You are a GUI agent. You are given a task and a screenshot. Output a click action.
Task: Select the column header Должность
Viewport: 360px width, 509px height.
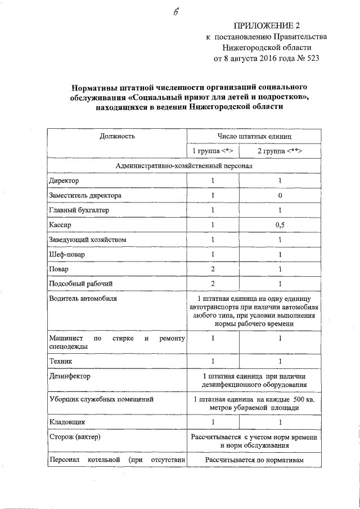click(x=117, y=136)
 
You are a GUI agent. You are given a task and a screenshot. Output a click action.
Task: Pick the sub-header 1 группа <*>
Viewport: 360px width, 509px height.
click(x=213, y=151)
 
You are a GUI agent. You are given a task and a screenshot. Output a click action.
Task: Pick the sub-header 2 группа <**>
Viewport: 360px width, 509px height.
click(x=280, y=151)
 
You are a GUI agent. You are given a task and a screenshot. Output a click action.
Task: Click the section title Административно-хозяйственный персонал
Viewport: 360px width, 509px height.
click(x=184, y=166)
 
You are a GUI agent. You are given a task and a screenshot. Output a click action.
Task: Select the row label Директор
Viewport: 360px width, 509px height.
click(x=64, y=181)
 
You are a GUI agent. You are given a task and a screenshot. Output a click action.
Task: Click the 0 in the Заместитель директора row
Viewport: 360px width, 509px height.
click(x=280, y=196)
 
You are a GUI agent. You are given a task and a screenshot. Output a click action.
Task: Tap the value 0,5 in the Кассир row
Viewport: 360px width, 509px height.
click(x=280, y=225)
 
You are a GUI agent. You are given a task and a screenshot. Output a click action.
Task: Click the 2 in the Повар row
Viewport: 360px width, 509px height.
click(x=213, y=269)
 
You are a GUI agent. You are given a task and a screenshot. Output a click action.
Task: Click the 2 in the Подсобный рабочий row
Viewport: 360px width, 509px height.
click(x=213, y=283)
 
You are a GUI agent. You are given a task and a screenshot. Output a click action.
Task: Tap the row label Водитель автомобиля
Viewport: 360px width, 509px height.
click(x=82, y=298)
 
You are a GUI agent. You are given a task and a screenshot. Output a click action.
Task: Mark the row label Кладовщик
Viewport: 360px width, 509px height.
click(x=67, y=421)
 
